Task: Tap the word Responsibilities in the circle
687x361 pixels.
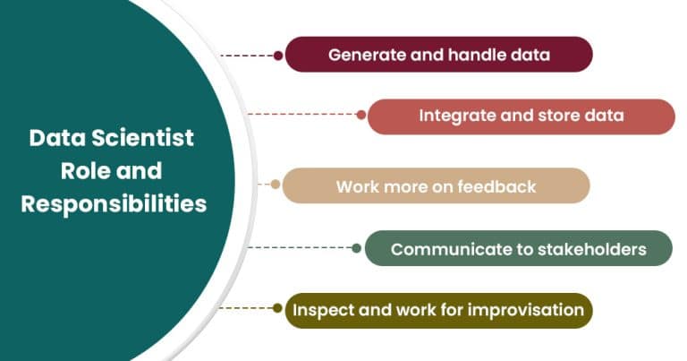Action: click(114, 203)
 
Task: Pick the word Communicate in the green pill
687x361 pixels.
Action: click(443, 249)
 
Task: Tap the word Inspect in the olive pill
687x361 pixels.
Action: click(321, 310)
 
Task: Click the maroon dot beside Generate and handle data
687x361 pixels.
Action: click(278, 56)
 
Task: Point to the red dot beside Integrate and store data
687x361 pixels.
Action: click(361, 115)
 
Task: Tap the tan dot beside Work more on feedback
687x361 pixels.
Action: click(276, 186)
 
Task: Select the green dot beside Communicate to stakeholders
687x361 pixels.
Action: click(358, 248)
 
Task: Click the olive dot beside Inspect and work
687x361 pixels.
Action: click(278, 308)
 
